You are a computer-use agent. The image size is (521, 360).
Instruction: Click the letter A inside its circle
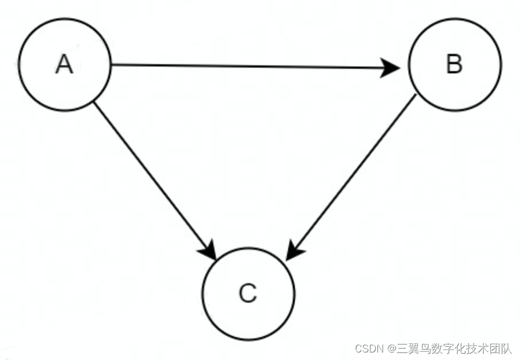64,64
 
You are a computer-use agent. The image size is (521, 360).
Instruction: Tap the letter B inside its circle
454,64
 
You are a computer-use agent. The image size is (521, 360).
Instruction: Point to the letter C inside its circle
248,294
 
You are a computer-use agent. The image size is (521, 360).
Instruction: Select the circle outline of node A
64,19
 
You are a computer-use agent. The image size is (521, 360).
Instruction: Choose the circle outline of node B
454,19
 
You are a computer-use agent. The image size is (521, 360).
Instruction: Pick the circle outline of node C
248,248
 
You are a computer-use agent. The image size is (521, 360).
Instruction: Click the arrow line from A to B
249,67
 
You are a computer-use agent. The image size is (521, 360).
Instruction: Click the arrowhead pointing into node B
392,68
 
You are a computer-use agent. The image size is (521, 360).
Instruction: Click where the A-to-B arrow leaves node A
111,65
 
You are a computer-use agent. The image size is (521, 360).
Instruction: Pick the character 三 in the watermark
402,348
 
